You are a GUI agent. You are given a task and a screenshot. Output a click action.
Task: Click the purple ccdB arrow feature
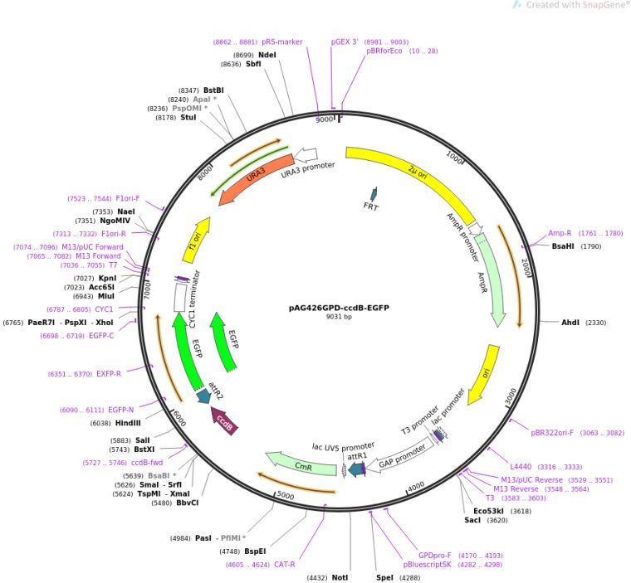point(225,420)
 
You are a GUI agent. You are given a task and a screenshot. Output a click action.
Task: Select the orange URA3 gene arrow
point(257,174)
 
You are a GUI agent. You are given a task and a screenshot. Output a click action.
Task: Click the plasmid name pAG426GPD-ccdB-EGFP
point(339,308)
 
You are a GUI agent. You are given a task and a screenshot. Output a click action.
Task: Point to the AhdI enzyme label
point(570,322)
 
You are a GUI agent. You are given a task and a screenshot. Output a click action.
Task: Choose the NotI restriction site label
point(340,577)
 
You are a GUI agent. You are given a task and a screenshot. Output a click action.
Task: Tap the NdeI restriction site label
point(267,55)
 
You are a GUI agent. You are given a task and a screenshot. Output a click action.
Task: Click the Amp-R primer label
point(560,234)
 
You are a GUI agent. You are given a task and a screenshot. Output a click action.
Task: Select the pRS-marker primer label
point(282,41)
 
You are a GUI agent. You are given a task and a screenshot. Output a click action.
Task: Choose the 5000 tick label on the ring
point(285,495)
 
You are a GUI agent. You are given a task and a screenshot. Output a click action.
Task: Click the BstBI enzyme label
point(213,90)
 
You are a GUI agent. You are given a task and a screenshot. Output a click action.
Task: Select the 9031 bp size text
point(339,317)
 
